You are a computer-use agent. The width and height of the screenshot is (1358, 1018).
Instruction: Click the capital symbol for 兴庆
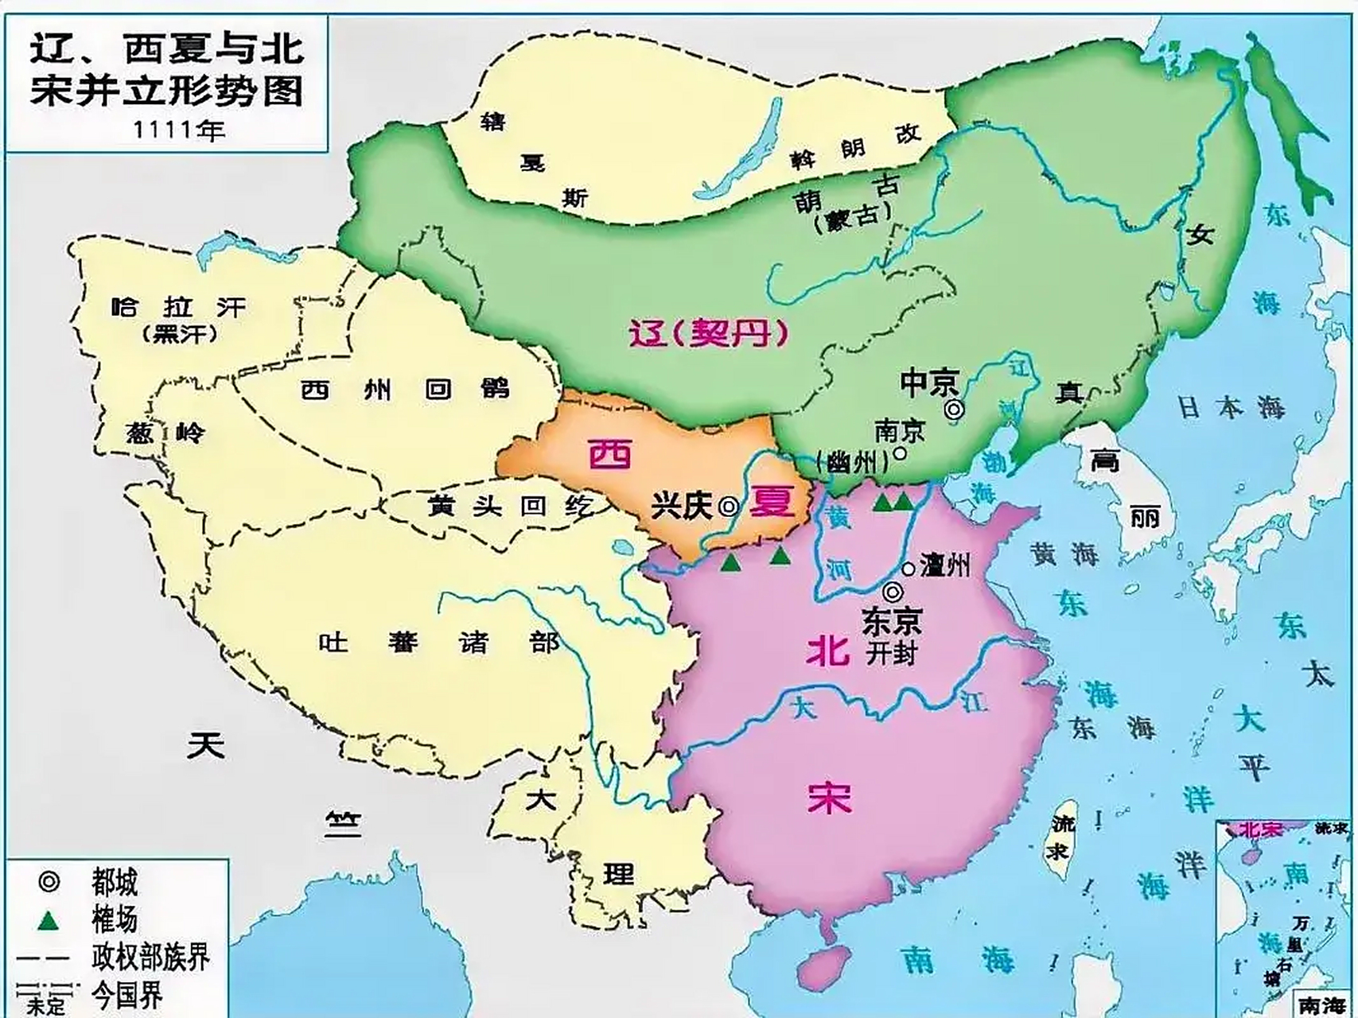728,507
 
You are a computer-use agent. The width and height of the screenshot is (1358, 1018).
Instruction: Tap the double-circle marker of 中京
953,410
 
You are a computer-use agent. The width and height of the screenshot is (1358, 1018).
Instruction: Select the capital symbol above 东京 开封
893,593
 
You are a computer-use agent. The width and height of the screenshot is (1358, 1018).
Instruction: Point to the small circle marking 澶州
909,569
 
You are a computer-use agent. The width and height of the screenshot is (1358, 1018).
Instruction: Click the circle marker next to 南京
900,453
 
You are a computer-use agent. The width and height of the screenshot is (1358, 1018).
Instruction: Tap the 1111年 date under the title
178,130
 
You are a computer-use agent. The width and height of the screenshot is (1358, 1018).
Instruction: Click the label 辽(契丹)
708,334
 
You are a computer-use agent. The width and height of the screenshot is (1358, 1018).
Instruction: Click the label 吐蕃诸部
438,642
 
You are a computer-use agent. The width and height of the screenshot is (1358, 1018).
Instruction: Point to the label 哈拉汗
178,307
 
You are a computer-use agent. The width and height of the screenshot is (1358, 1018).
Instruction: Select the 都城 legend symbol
49,881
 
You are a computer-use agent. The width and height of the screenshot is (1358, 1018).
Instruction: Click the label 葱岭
165,433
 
